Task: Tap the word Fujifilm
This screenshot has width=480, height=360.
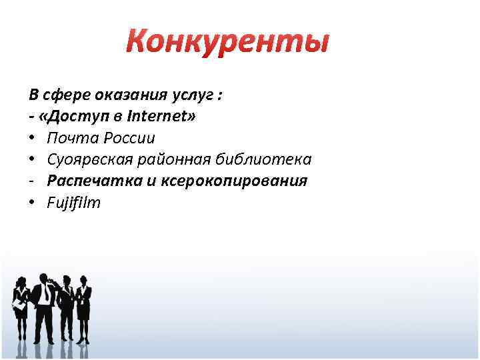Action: (73, 203)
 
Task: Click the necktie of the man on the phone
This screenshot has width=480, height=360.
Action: (44, 296)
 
